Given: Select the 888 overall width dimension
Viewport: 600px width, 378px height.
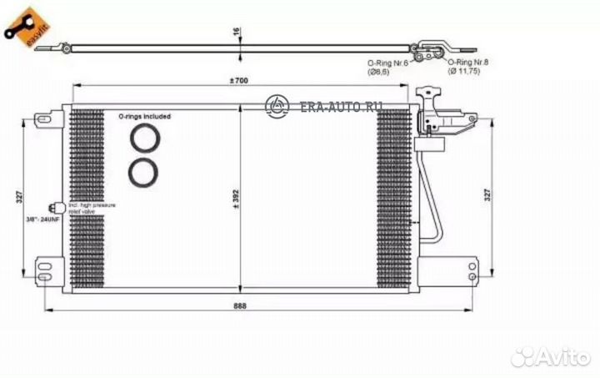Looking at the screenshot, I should coord(240,305).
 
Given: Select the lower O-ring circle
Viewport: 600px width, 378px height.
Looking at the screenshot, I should coord(144,171).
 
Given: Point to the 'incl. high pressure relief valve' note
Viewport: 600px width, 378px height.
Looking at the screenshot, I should coord(91,208).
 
